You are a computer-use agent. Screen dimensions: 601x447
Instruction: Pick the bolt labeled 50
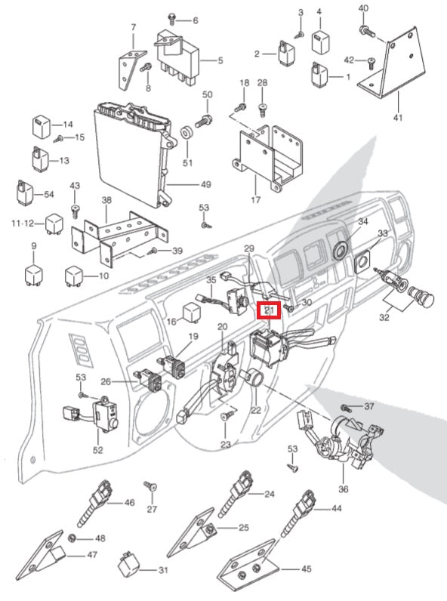pyautogui.click(x=204, y=119)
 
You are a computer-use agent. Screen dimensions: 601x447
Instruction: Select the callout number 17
pyautogui.click(x=255, y=200)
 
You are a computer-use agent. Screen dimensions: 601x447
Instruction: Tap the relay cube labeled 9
pyautogui.click(x=35, y=273)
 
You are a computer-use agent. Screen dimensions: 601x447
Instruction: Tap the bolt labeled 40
pyautogui.click(x=367, y=29)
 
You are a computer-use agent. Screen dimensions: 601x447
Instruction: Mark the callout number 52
pyautogui.click(x=97, y=450)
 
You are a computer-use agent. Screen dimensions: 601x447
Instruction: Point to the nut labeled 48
pyautogui.click(x=72, y=538)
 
